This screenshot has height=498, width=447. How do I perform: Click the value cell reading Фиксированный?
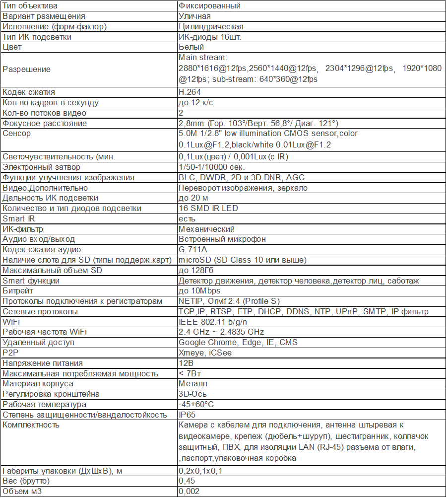point(209,6)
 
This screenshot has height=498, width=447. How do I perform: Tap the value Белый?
point(191,47)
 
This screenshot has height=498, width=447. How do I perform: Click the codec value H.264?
point(190,92)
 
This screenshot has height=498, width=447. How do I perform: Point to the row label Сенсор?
point(16,134)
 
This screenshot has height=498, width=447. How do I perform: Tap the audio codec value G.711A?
point(193,249)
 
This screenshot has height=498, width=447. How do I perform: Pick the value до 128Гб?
point(195,270)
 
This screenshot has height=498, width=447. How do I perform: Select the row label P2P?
point(9,353)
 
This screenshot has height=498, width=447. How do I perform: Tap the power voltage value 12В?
point(185,363)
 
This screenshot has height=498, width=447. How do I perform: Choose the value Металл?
point(193,384)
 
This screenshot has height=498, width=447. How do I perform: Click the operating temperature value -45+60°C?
point(196,404)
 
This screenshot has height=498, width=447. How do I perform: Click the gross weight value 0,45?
point(187,481)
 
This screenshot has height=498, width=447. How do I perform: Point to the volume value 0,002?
point(189,492)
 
